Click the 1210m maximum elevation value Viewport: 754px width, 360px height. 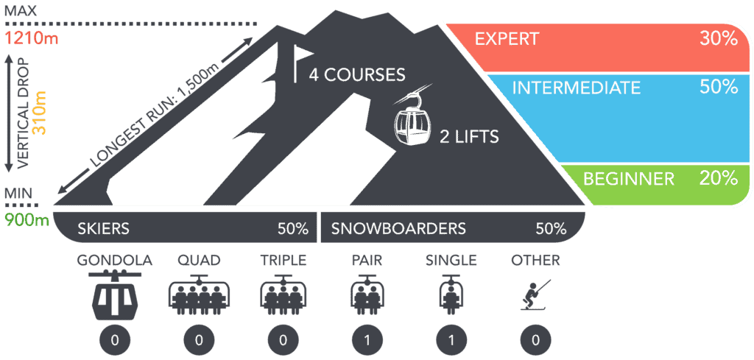coord(31,38)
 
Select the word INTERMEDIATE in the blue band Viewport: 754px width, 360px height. coord(577,88)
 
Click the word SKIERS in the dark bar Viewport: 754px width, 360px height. coord(103,229)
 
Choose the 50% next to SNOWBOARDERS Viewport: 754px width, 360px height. coord(550,229)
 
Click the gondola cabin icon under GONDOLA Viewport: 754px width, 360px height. coord(115,294)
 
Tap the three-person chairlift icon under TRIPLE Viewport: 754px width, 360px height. coord(283,294)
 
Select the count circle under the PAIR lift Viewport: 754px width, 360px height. coord(367,341)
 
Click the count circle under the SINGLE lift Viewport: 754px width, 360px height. coord(451,341)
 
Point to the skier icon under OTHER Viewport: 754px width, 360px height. coord(535,294)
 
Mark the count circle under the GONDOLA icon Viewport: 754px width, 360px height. coord(115,341)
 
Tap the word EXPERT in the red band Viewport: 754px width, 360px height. coord(507,39)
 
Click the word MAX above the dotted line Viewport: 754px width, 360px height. coord(20,10)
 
